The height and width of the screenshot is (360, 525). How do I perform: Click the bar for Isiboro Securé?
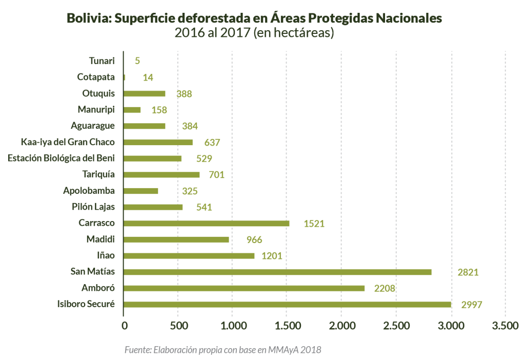287,304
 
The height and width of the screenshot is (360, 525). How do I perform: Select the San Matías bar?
277,272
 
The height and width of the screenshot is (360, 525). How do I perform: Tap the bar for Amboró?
244,288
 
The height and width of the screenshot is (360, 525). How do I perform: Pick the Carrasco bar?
207,223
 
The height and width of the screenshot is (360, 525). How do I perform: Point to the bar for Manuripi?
132,110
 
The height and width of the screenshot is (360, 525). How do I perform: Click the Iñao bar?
189,255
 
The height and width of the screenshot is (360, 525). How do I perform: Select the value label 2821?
468,272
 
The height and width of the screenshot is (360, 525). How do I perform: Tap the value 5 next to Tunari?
137,61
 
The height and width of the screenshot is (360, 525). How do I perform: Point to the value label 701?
216,175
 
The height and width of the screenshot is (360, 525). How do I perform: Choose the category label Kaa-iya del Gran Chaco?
68,142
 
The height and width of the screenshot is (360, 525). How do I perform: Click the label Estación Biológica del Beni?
61,158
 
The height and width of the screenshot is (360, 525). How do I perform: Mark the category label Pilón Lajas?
93,207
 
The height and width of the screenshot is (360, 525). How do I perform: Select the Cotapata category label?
96,77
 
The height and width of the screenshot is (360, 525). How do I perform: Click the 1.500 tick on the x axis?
287,326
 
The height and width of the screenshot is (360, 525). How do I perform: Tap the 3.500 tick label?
505,326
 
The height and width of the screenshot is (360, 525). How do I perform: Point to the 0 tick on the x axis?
124,326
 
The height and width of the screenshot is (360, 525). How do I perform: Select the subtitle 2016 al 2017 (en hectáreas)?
254,33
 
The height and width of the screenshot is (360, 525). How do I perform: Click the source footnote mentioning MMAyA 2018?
223,350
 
